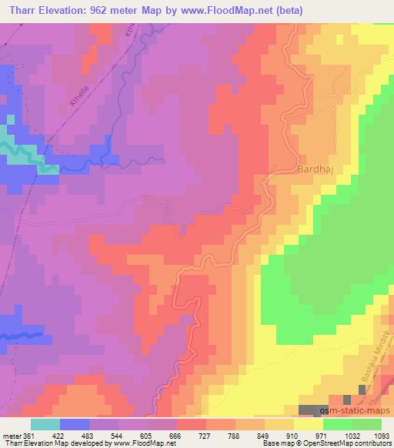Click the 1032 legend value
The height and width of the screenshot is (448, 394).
click(x=339, y=435)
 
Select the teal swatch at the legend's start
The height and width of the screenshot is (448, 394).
click(x=45, y=424)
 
